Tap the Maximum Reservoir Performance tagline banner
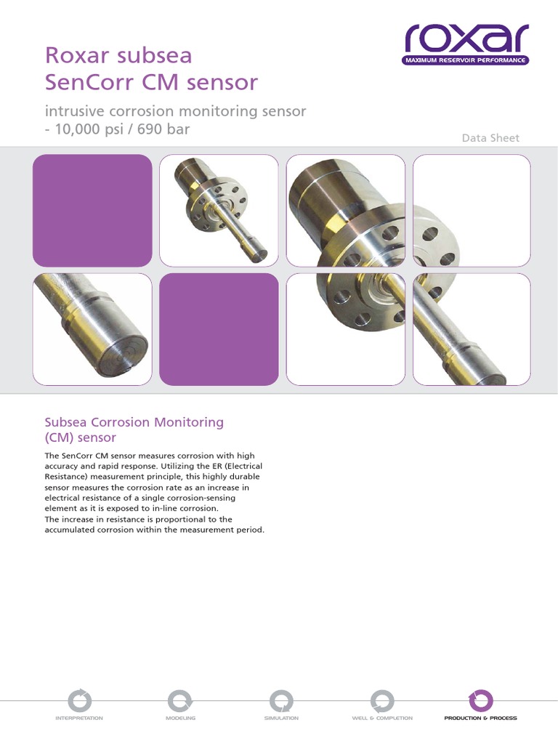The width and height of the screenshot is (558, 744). tap(466, 60)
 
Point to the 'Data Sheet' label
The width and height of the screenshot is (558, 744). tap(490, 138)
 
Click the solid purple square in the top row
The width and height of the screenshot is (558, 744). tap(92, 210)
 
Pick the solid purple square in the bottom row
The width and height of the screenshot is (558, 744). tap(219, 329)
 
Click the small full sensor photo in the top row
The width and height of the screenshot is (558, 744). tap(219, 210)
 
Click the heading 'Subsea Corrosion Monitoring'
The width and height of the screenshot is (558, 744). tap(134, 422)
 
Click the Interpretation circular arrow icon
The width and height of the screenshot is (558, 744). tap(79, 701)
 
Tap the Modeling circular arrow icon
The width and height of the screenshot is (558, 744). tap(180, 701)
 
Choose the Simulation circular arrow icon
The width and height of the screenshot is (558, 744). tap(281, 701)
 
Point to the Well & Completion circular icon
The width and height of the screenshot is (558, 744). tap(382, 701)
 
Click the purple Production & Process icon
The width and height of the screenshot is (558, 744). tap(481, 701)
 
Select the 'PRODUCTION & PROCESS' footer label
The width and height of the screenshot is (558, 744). tap(481, 718)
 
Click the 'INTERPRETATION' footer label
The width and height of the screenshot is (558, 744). tap(79, 718)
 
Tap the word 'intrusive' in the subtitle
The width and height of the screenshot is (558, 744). tap(75, 111)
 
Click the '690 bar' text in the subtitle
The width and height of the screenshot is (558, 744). tap(163, 129)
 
